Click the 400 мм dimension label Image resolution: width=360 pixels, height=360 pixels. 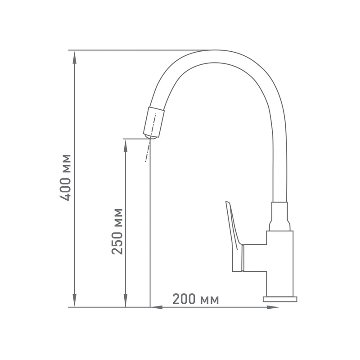point(65,177)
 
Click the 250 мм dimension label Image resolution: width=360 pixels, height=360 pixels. point(117,231)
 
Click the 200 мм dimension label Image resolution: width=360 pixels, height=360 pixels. point(196,299)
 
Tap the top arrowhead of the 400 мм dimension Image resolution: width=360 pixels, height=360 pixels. point(74,58)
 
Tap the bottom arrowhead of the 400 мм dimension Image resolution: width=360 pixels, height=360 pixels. point(74,300)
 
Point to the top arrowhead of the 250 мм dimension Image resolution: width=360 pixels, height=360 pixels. point(126,146)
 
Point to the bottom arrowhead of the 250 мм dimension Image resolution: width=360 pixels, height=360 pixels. point(126,300)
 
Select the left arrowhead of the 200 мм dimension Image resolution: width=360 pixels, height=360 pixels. point(157,307)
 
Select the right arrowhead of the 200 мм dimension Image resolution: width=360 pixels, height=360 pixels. point(272,307)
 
